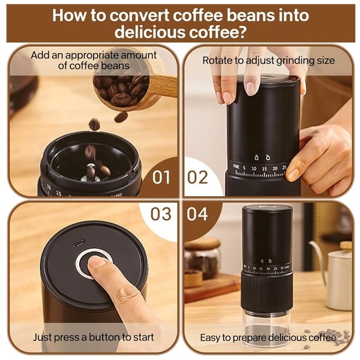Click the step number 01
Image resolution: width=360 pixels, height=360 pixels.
point(161,177)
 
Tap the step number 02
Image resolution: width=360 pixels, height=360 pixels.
point(197,177)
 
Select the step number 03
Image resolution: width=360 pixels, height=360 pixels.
point(161,214)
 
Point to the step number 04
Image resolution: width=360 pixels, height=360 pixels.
point(197,214)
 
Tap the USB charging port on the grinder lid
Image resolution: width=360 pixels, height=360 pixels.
point(80,243)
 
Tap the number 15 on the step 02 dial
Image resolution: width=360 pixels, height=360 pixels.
point(265,169)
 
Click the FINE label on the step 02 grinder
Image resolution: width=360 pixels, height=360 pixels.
point(236,166)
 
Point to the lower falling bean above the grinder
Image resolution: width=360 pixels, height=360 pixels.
point(94,124)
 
